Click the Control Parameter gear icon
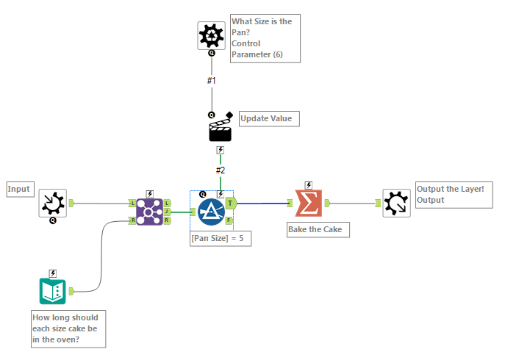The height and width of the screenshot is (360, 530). point(212,35)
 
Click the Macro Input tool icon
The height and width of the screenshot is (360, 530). point(53,203)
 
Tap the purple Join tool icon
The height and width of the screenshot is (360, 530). point(149,212)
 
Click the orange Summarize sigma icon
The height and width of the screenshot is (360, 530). point(309,204)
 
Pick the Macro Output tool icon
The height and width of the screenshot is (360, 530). point(396,203)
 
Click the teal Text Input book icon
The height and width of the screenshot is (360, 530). point(53,291)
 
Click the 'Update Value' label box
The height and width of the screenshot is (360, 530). point(269,118)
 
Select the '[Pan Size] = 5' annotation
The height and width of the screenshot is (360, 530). point(221,238)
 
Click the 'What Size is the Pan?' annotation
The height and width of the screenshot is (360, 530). point(265,37)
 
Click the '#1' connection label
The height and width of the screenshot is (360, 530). point(211,80)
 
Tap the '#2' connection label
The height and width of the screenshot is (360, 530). point(221,170)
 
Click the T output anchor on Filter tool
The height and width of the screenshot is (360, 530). point(230,203)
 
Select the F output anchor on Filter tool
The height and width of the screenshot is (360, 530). point(230,220)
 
